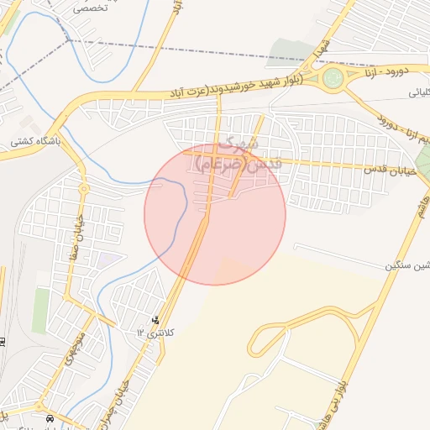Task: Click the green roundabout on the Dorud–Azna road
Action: click(333, 80)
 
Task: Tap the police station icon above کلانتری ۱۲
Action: click(155, 320)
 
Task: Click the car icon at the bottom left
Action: click(50, 418)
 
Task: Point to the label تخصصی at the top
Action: click(91, 8)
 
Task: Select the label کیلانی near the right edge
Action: click(417, 93)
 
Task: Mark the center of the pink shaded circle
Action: click(215, 214)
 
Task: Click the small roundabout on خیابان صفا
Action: click(83, 189)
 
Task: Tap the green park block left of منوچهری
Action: click(40, 311)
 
